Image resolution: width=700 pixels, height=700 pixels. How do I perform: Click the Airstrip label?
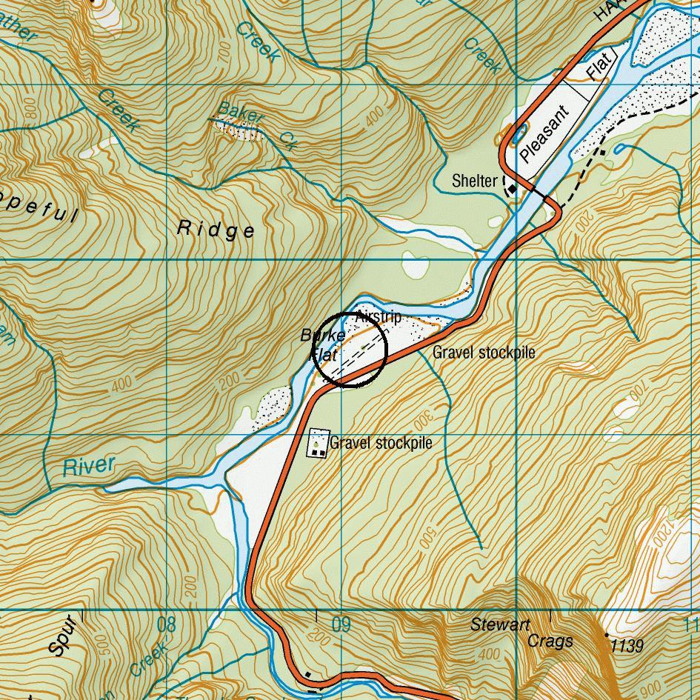coord(378,317)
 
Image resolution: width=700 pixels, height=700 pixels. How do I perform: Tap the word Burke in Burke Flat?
coord(318,336)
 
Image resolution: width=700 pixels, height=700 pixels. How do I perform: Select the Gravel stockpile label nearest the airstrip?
coord(483,352)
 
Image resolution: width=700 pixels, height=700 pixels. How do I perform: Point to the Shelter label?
coord(475,181)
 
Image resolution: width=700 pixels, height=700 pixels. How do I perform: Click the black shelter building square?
coord(512,190)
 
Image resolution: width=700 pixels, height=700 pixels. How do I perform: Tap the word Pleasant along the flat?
coord(544,135)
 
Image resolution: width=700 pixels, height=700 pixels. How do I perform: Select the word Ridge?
coord(216,230)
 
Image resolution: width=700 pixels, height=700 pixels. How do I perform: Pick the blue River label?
coord(89,467)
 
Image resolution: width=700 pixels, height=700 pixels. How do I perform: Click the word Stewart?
coord(500,625)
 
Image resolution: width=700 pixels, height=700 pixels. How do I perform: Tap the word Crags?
coord(550,641)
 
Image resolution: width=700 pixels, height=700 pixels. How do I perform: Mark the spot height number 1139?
coord(627,647)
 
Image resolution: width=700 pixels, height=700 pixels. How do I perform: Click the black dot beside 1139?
coord(607,636)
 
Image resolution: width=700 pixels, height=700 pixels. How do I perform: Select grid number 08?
coord(167,625)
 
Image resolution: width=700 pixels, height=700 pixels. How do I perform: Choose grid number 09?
coord(341,625)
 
